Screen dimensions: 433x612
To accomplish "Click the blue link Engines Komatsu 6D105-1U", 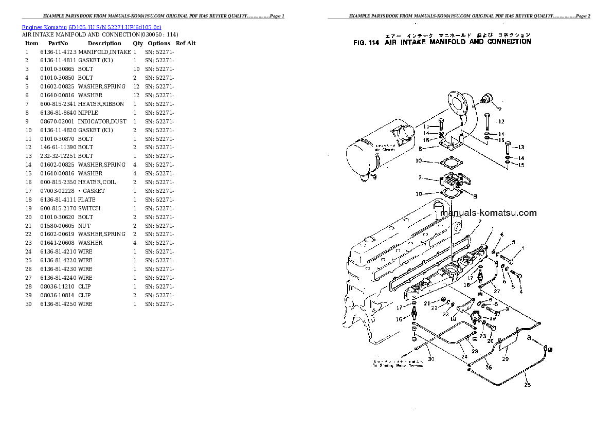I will click(92, 27).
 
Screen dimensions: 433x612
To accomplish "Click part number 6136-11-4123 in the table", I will click(58, 52).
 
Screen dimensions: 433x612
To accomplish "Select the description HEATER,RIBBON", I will click(101, 104).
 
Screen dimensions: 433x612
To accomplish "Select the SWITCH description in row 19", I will click(89, 208).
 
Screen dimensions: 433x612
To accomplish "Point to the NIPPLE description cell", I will click(88, 113).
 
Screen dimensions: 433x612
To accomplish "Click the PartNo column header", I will click(58, 44).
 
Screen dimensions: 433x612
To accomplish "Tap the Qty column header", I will click(138, 44).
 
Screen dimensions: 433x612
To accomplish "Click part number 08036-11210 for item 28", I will click(57, 286).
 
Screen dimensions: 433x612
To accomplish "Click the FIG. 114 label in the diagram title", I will click(366, 43).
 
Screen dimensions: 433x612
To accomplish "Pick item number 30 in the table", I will click(28, 304).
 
